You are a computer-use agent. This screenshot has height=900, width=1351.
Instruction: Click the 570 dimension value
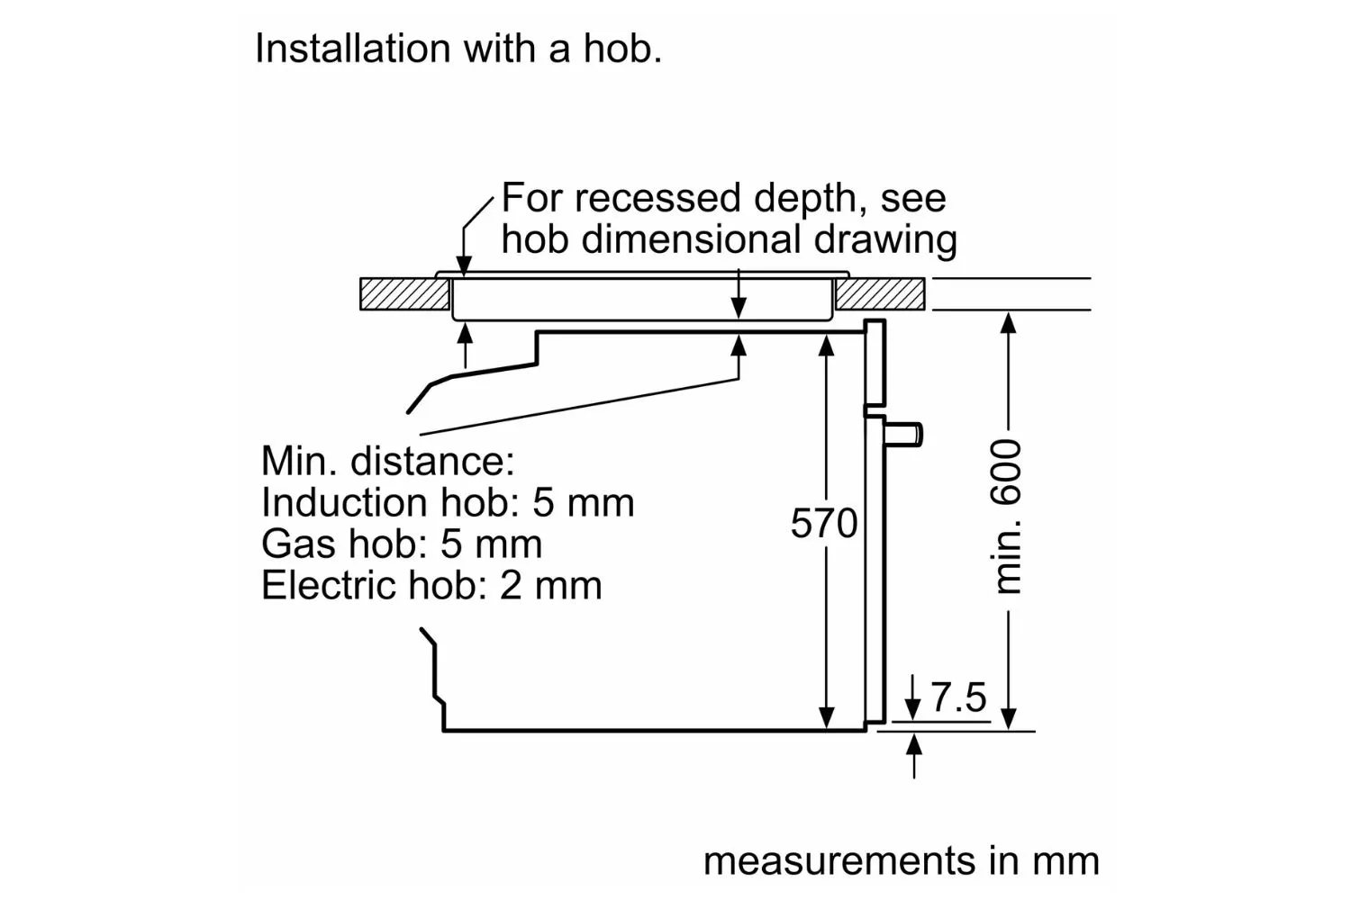(x=824, y=523)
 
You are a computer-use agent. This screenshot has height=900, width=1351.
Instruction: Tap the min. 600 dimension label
(x=1008, y=517)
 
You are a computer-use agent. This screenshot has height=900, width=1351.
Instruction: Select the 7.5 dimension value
(x=958, y=697)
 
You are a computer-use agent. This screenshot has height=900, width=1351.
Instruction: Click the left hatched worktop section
(x=404, y=294)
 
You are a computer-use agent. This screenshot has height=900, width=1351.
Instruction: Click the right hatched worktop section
(x=880, y=294)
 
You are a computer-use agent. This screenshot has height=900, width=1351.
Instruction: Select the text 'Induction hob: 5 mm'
(x=448, y=502)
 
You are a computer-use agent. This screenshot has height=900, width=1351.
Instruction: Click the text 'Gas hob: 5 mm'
(x=402, y=544)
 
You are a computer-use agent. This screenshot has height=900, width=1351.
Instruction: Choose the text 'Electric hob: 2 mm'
(x=431, y=585)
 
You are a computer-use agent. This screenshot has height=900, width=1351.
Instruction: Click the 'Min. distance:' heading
(x=387, y=461)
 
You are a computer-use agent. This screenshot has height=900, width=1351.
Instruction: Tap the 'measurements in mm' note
(x=901, y=860)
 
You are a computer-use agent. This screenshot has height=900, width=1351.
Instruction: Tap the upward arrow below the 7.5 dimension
(x=914, y=745)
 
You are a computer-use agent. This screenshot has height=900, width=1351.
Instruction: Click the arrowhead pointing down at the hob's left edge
(x=464, y=265)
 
